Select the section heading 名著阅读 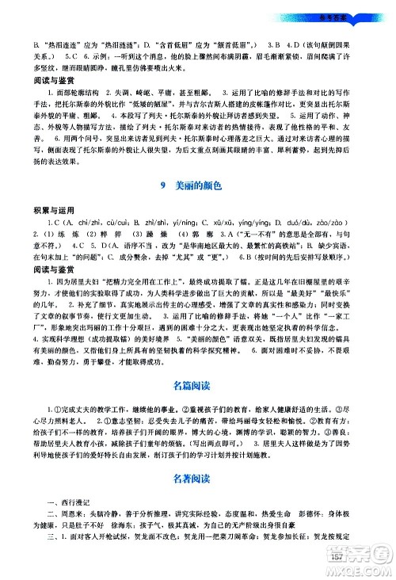pos(197,502)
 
